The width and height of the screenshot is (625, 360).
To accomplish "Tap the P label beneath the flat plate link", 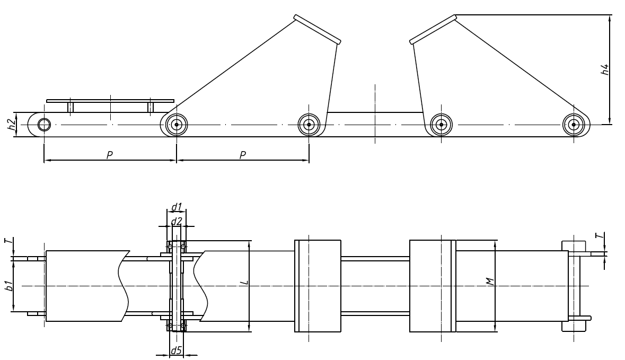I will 109,155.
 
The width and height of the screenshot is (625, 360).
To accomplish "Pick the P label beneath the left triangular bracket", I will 242,155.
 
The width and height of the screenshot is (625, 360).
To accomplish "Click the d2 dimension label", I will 177,220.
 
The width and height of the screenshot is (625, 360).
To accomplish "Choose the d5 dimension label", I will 176,350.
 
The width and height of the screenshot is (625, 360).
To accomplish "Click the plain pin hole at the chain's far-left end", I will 44,125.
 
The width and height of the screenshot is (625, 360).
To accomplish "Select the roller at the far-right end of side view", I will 574,125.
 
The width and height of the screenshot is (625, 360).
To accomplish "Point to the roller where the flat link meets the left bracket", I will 176,125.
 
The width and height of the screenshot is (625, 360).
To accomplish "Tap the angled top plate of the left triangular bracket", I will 317,29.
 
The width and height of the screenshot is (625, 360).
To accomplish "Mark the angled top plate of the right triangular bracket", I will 433,29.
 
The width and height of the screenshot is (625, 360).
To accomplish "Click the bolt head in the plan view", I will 574,245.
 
